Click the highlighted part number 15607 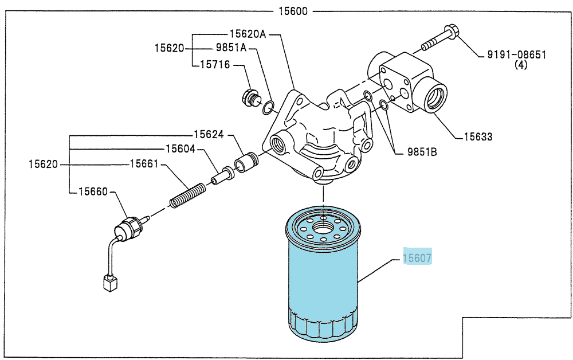(x=417, y=258)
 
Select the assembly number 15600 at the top (x=293, y=11)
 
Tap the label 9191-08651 (x=517, y=55)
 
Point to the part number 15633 (x=478, y=136)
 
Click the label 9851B (x=422, y=152)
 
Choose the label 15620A (x=248, y=34)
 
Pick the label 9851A (x=231, y=48)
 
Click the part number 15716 (x=215, y=65)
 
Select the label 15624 (x=209, y=135)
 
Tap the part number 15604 (x=180, y=148)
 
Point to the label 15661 (x=144, y=164)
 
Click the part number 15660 (x=93, y=191)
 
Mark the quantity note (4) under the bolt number (x=521, y=65)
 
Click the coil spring (x=188, y=195)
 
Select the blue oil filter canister (x=323, y=274)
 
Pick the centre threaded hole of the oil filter (x=323, y=228)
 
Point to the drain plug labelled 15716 (x=251, y=98)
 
